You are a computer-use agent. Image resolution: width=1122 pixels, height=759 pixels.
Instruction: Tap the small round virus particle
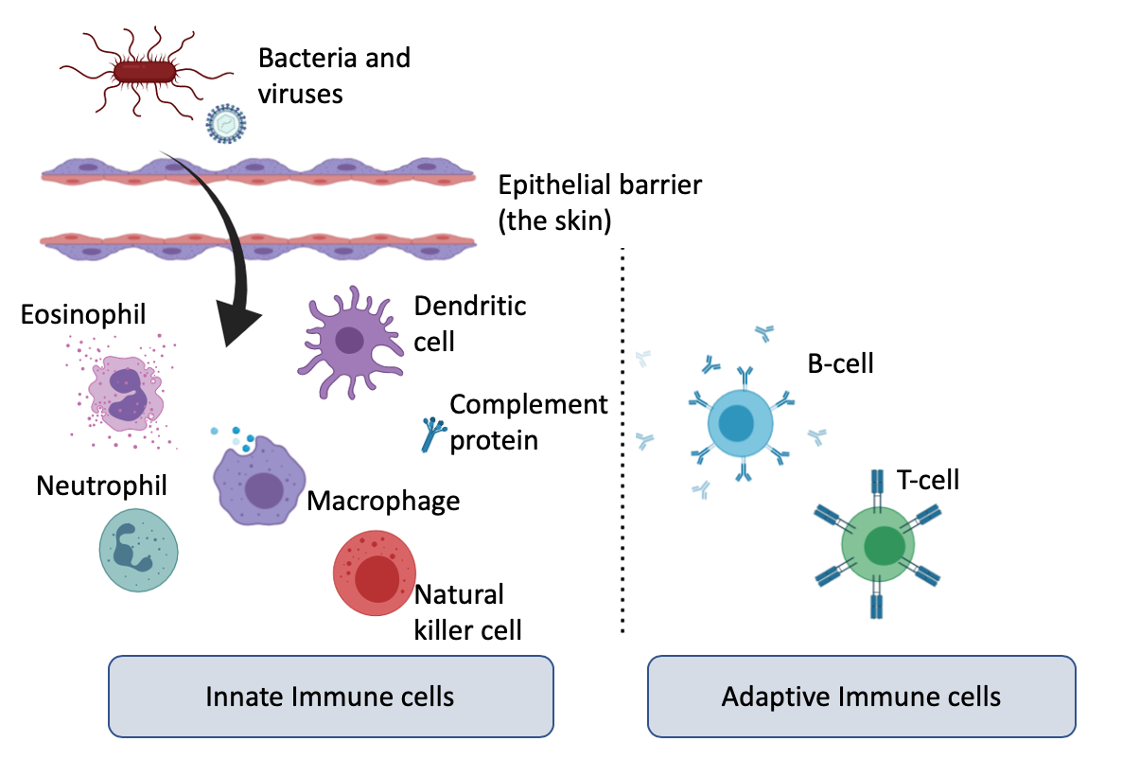[x=226, y=123]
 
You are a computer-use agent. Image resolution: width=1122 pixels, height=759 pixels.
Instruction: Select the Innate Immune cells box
[x=330, y=697]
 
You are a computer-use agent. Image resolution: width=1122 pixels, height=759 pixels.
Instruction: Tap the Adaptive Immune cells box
[x=861, y=697]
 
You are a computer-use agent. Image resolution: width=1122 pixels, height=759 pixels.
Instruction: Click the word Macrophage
[x=383, y=500]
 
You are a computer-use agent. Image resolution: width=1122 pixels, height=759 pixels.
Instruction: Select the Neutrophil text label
[x=101, y=485]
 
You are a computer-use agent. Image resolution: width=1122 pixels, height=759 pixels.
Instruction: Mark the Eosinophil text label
[x=84, y=313]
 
